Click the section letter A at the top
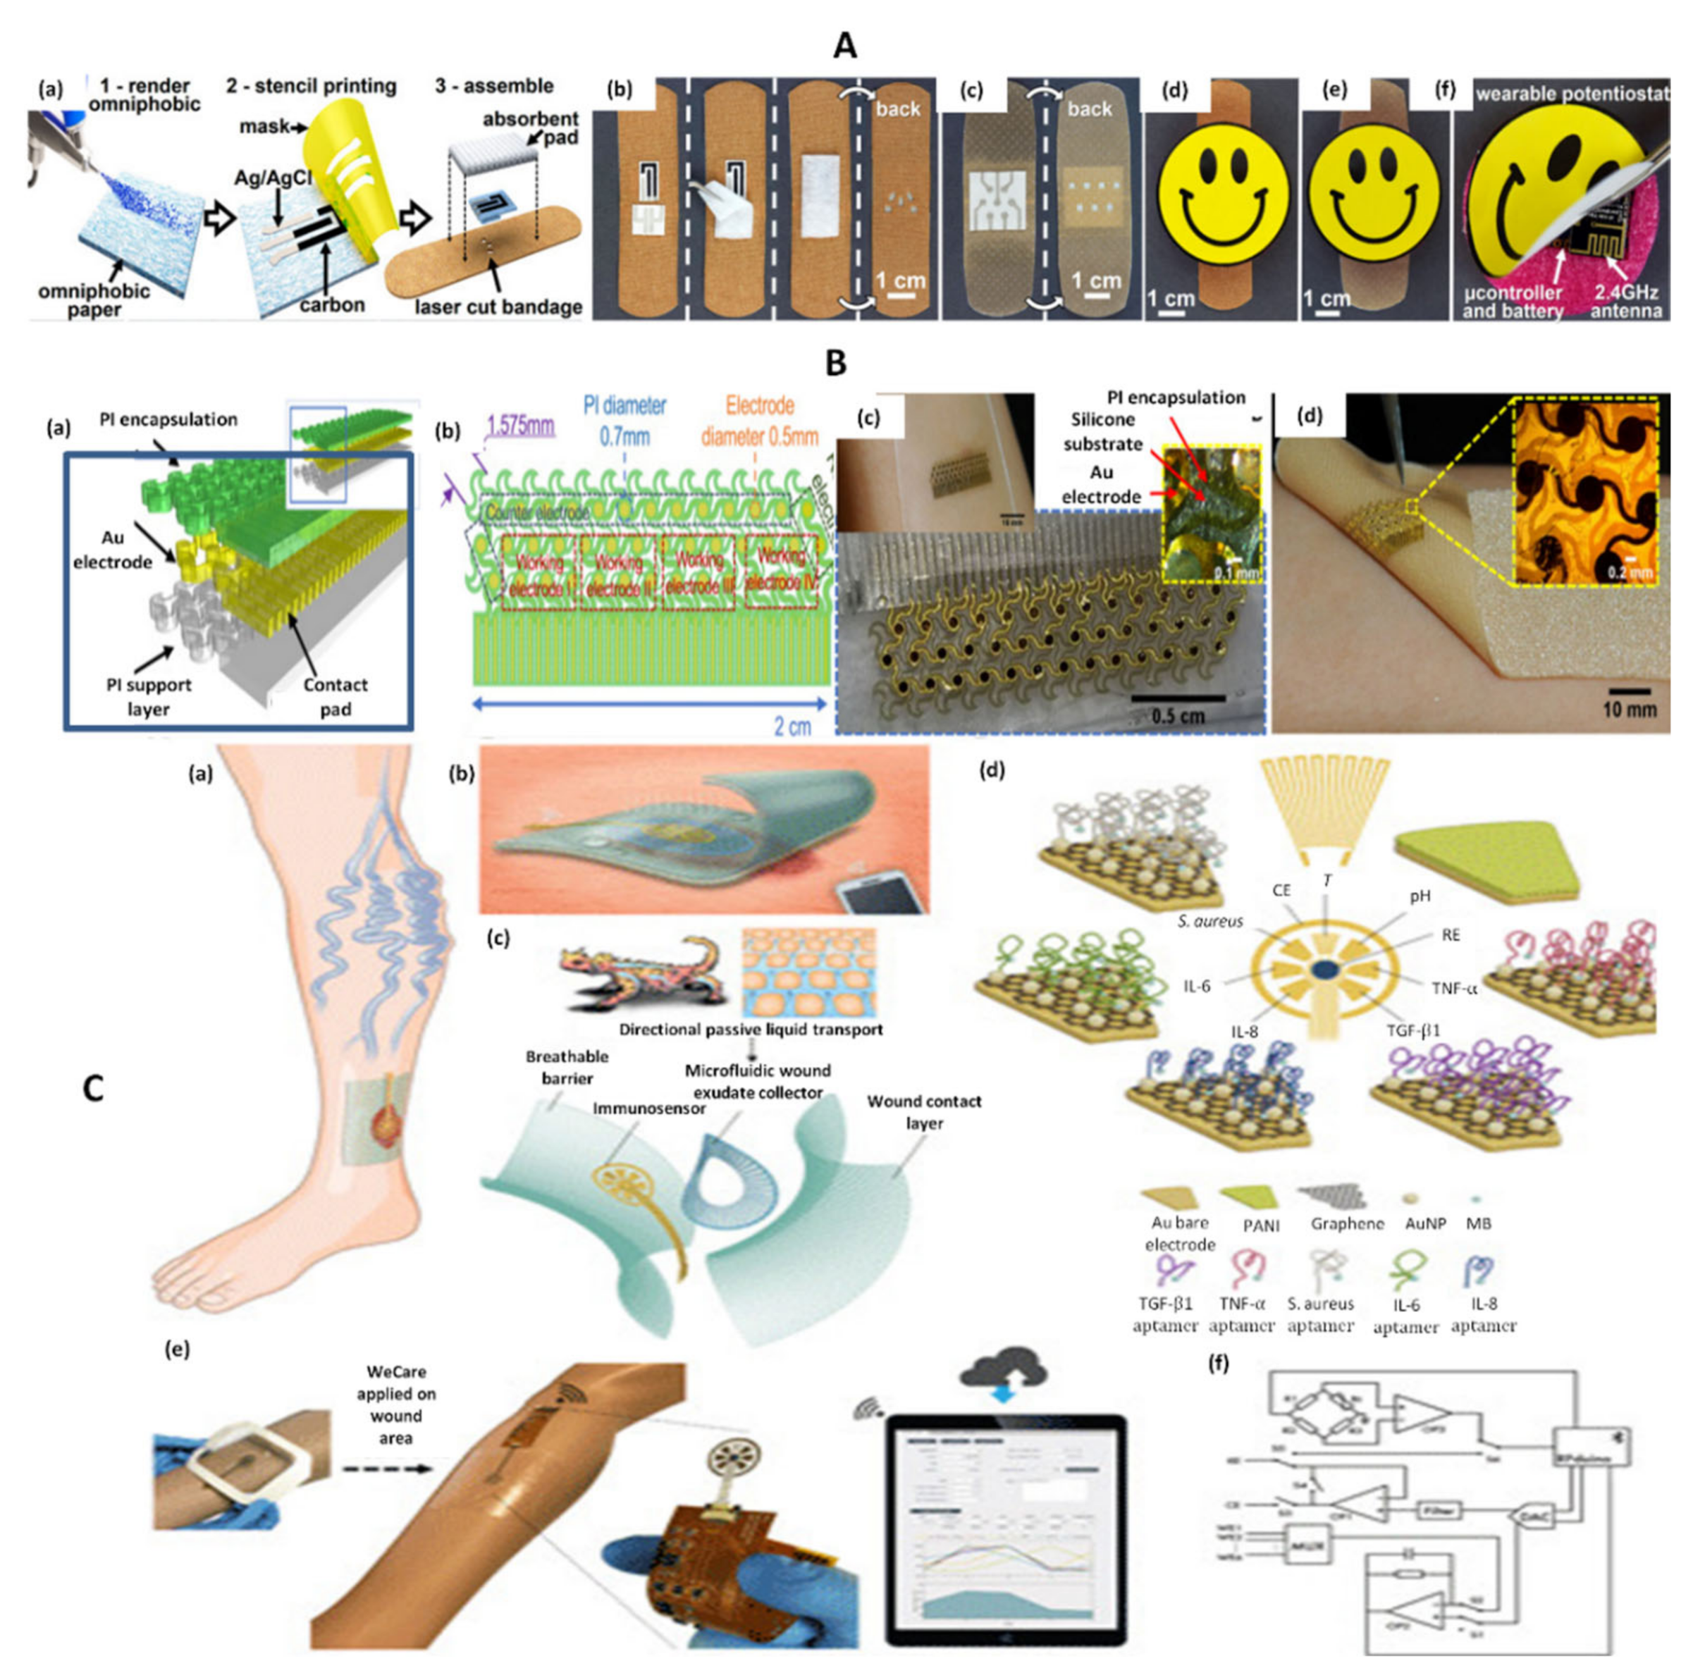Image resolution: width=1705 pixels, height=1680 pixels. click(844, 44)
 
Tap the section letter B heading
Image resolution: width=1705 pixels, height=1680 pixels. click(835, 362)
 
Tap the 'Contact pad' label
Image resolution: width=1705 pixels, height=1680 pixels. click(336, 696)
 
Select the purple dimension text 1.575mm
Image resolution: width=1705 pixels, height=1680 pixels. click(521, 426)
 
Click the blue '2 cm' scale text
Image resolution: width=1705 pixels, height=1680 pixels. click(792, 726)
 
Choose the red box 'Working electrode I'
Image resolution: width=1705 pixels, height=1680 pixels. click(538, 574)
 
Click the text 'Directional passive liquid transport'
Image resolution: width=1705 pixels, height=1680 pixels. click(750, 1029)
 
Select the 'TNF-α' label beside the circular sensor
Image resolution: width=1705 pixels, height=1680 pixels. click(1453, 988)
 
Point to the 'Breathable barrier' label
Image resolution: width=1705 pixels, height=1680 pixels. click(567, 1067)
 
